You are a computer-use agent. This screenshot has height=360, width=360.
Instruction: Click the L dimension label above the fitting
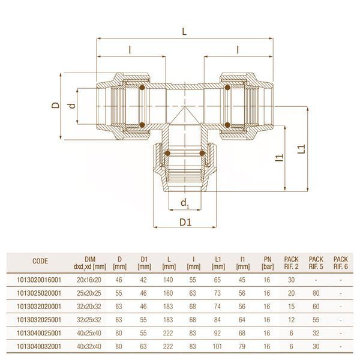pos(184,32)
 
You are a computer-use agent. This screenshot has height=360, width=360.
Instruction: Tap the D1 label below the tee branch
pos(185,222)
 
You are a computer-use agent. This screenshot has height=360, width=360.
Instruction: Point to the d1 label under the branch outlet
pos(185,203)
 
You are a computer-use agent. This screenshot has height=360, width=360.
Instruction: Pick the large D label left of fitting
pos(55,105)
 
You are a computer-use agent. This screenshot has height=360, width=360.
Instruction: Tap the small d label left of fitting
pos(72,106)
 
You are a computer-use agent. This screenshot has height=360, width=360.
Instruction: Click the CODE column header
pos(40,261)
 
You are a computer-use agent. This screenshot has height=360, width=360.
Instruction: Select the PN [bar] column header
pos(268,263)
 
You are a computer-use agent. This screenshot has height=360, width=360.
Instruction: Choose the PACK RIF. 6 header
pos(340,263)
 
